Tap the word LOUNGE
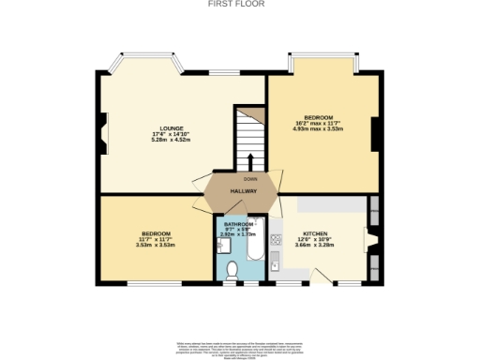pyautogui.click(x=171, y=128)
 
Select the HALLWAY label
pyautogui.click(x=245, y=191)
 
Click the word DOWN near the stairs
pyautogui.click(x=249, y=178)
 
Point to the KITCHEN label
pyautogui.click(x=314, y=232)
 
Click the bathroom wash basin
pyautogui.click(x=221, y=247)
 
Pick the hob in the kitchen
pyautogui.click(x=277, y=246)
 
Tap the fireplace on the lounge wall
pyautogui.click(x=104, y=130)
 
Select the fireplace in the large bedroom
pyautogui.click(x=374, y=131)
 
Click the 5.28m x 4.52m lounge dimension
pyautogui.click(x=171, y=140)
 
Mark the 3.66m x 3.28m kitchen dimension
pyautogui.click(x=314, y=244)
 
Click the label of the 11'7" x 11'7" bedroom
pyautogui.click(x=156, y=233)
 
